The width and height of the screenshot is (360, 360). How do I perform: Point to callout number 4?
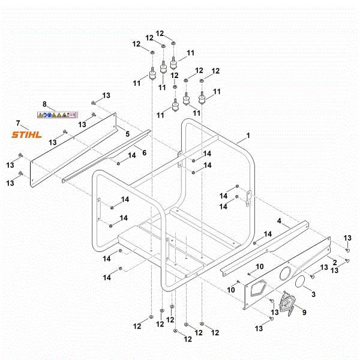(x=279, y=221)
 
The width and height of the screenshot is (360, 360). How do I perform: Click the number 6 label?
(x=143, y=152)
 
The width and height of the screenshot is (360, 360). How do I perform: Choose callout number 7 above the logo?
(x=18, y=123)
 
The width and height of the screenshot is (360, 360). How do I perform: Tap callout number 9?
(x=303, y=312)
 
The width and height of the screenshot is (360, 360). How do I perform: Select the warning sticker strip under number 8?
(x=58, y=113)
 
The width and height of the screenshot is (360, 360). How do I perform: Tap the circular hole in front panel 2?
(x=284, y=272)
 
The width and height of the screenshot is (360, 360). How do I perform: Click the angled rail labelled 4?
(x=264, y=246)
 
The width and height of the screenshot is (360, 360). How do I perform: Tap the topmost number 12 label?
(x=160, y=33)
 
